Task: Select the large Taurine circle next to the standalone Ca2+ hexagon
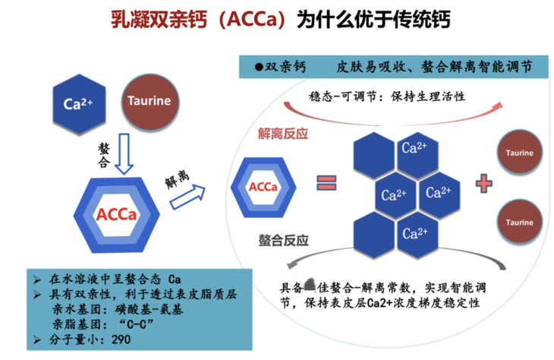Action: [149, 101]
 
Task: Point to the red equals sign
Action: [326, 183]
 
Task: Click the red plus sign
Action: [486, 183]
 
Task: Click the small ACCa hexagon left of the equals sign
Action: [263, 186]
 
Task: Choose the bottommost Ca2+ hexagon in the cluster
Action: [415, 232]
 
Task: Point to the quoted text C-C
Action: [134, 323]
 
